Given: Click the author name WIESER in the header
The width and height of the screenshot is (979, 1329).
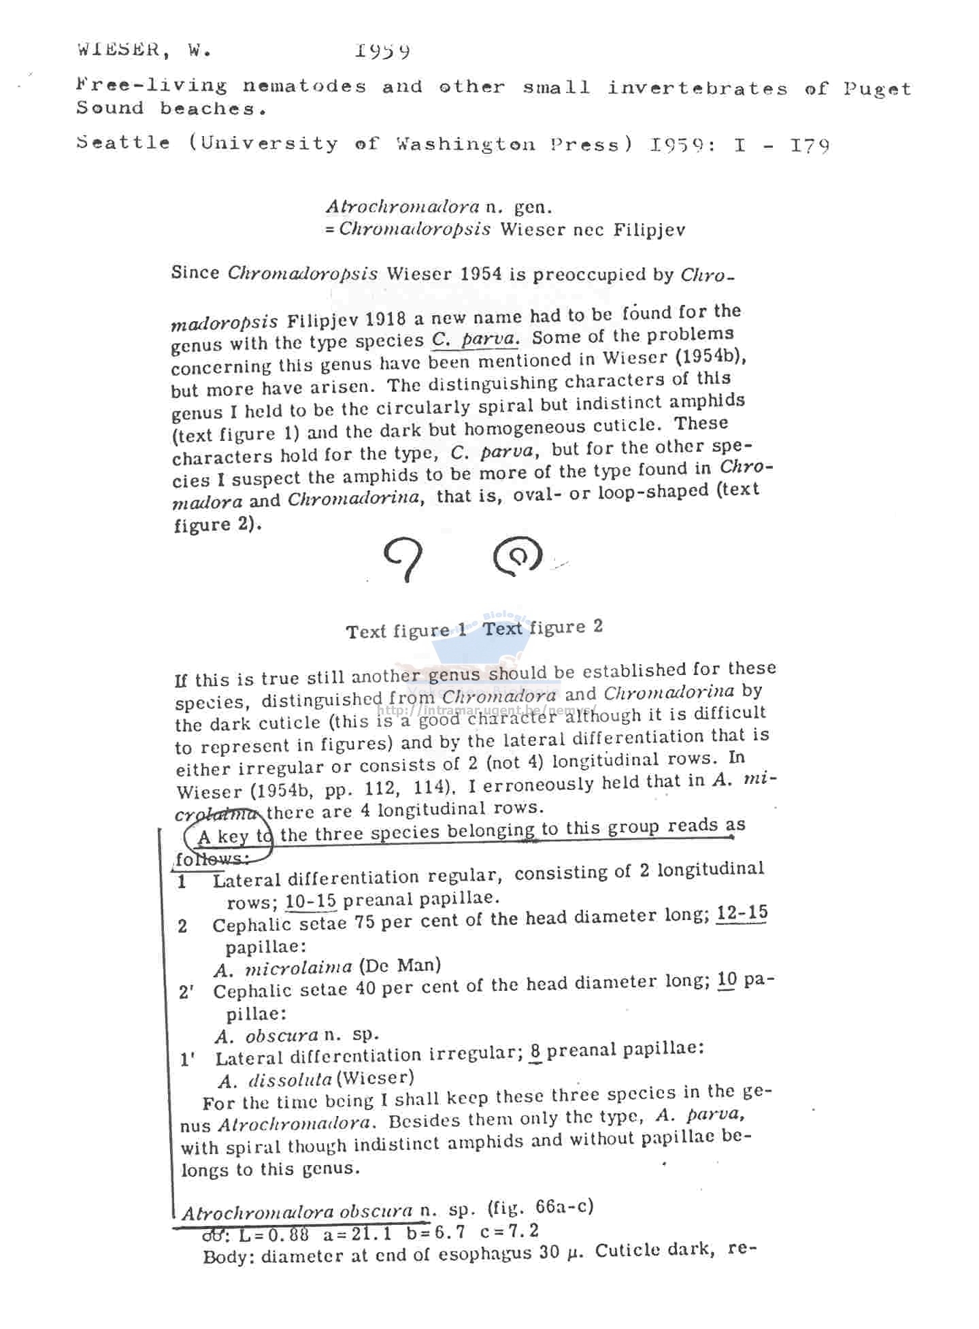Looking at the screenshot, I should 117,50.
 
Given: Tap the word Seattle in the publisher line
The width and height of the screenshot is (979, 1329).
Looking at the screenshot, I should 123,143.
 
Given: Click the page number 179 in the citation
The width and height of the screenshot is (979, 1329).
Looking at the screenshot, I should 810,146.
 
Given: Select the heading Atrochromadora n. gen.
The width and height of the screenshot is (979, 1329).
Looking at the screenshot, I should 438,206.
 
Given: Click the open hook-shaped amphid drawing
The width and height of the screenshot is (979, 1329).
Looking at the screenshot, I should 403,558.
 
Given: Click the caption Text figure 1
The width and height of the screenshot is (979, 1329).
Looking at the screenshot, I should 406,631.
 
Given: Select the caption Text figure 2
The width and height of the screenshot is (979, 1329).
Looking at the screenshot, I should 543,627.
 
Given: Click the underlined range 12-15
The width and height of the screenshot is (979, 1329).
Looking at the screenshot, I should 742,913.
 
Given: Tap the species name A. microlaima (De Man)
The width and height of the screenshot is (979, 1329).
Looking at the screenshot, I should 327,967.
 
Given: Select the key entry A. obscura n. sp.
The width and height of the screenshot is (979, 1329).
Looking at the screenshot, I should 297,1036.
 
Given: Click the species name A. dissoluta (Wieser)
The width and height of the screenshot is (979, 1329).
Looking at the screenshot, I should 316,1079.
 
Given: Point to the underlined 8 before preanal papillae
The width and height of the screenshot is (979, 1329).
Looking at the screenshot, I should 535,1051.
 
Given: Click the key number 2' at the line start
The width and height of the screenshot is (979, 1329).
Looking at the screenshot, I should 186,992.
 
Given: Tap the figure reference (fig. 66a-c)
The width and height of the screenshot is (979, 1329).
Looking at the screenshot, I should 540,1207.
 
